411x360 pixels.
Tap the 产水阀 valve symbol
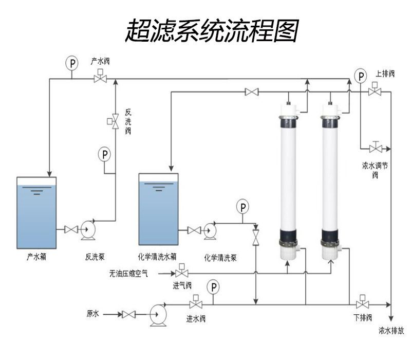[100, 79]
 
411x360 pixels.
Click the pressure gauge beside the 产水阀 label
[72, 63]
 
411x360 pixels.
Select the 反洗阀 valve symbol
[115, 122]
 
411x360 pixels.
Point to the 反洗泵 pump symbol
[88, 230]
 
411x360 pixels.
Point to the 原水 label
[92, 313]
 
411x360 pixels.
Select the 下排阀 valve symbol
[363, 303]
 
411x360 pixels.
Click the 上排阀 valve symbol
[375, 92]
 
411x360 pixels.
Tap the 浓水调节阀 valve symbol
[376, 149]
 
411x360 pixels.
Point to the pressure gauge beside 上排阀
[362, 77]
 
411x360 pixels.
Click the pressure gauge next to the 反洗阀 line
[105, 154]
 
